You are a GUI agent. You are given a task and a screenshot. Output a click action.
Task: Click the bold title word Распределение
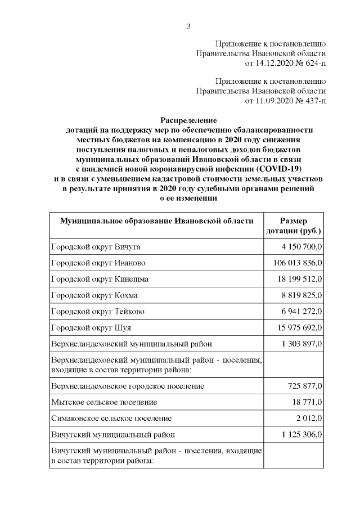188,120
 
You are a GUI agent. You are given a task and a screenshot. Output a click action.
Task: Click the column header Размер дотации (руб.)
294,226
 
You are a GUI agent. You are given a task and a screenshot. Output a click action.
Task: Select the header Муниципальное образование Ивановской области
156,221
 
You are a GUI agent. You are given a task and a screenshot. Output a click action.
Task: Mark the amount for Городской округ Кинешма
301,279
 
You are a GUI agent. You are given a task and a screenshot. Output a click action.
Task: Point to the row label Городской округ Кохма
94,295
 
